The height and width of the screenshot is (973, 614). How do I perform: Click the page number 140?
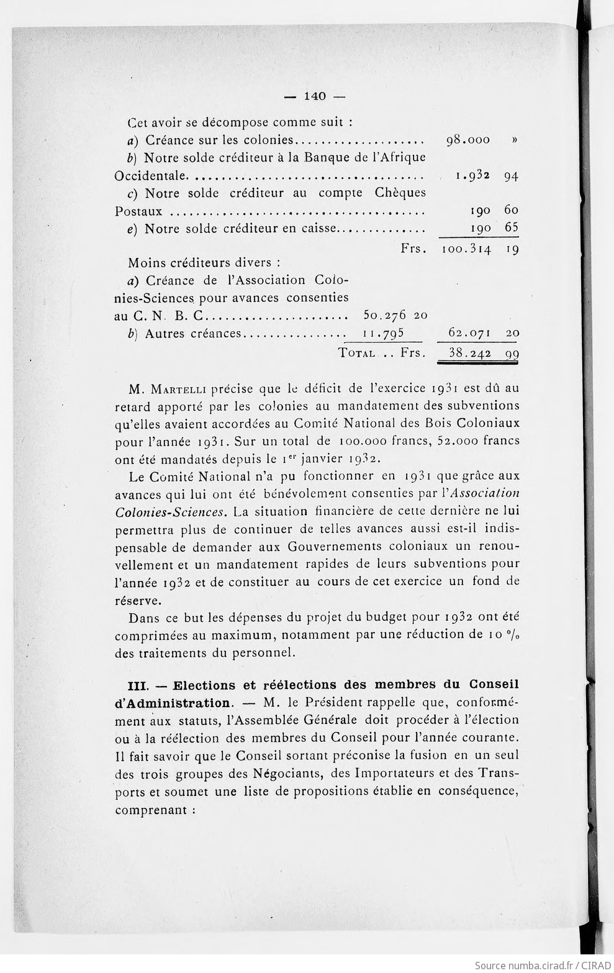pyautogui.click(x=315, y=96)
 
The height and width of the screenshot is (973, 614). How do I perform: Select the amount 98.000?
pyautogui.click(x=468, y=140)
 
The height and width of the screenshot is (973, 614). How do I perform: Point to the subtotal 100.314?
pyautogui.click(x=466, y=250)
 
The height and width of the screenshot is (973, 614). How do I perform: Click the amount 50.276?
pyautogui.click(x=385, y=316)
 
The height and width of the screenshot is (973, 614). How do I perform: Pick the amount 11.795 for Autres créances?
pyautogui.click(x=383, y=334)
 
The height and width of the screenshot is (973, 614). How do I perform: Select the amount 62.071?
pyautogui.click(x=470, y=334)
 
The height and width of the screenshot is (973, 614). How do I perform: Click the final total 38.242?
pyautogui.click(x=470, y=353)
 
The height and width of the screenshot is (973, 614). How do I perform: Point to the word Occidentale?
pyautogui.click(x=150, y=176)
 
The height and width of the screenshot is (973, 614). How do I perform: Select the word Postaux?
pyautogui.click(x=139, y=211)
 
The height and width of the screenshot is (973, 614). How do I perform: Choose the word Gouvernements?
pyautogui.click(x=330, y=547)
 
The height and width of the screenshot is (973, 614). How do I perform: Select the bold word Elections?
pyautogui.click(x=204, y=686)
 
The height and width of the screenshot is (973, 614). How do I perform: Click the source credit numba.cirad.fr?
pyautogui.click(x=527, y=965)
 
